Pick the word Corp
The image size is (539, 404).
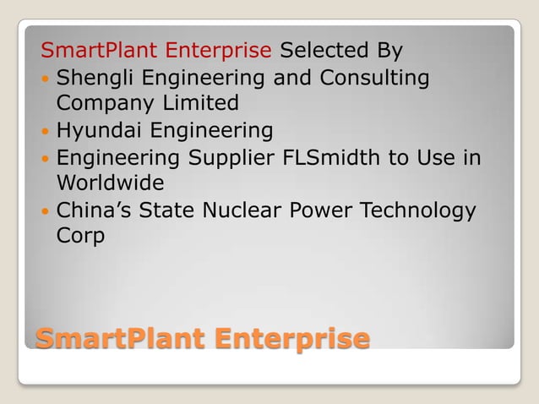(x=80, y=236)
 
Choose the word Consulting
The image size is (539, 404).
(x=373, y=79)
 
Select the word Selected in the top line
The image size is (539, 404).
(x=318, y=50)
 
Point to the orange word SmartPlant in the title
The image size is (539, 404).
(x=119, y=338)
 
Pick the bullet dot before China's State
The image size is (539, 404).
(x=46, y=211)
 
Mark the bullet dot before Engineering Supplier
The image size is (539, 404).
(x=46, y=159)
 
